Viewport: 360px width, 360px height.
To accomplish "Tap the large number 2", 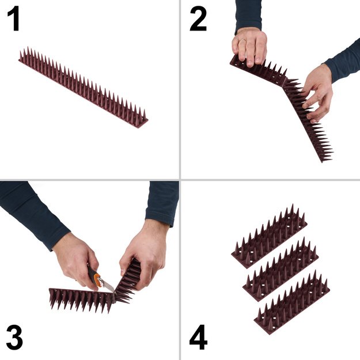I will (198, 20).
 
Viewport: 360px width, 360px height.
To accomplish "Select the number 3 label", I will (14, 338).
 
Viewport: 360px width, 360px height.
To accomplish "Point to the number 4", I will (198, 338).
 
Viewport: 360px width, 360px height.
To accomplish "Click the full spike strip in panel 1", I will (83, 88).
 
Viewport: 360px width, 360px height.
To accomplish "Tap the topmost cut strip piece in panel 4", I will (269, 236).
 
